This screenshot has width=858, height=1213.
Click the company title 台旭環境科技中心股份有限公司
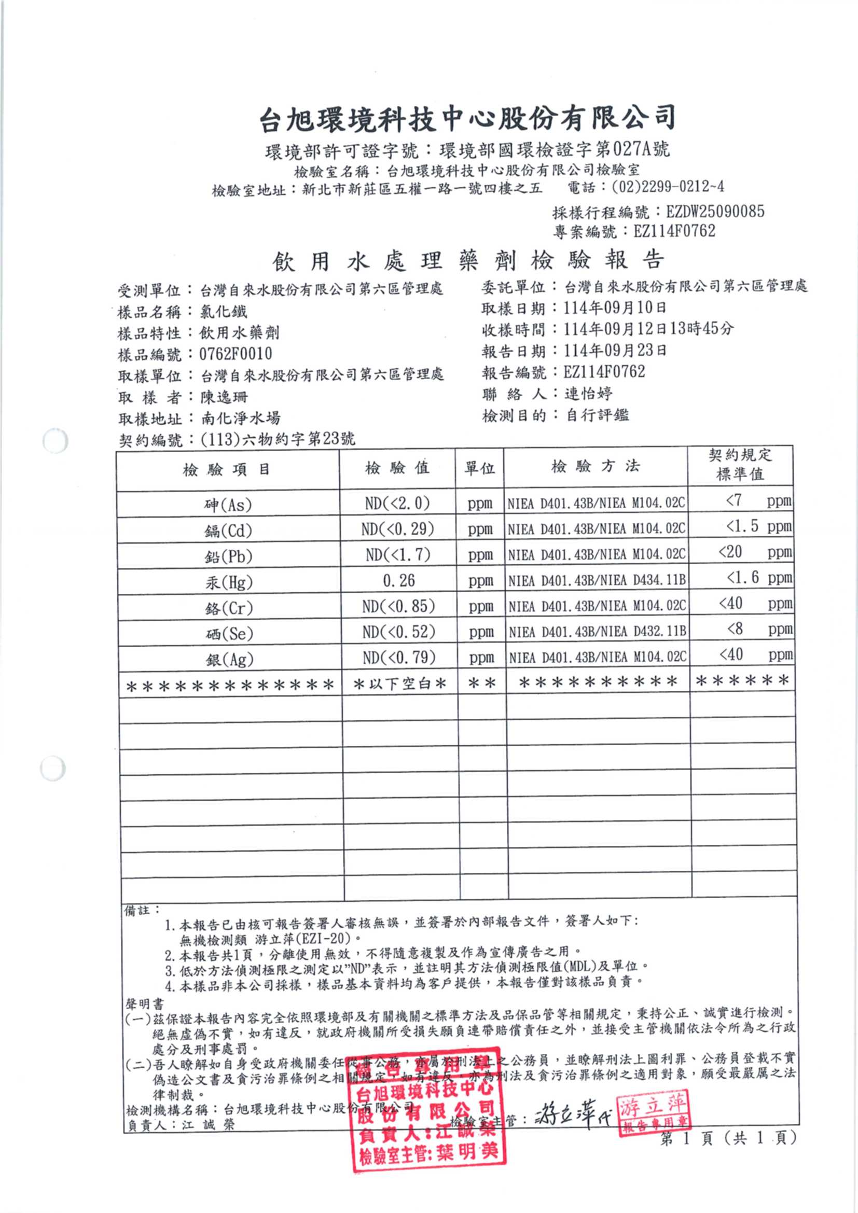point(467,117)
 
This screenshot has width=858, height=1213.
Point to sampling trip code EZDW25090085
point(715,212)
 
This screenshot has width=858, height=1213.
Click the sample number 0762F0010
point(236,354)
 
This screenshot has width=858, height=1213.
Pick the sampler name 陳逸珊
point(224,397)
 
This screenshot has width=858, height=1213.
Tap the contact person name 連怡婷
point(589,394)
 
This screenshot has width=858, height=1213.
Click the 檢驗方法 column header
point(595,466)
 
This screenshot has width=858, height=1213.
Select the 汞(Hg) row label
point(229,582)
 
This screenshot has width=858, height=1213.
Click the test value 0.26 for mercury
point(399,581)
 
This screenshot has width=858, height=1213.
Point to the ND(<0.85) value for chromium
point(399,606)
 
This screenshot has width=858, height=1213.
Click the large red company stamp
point(427,1109)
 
